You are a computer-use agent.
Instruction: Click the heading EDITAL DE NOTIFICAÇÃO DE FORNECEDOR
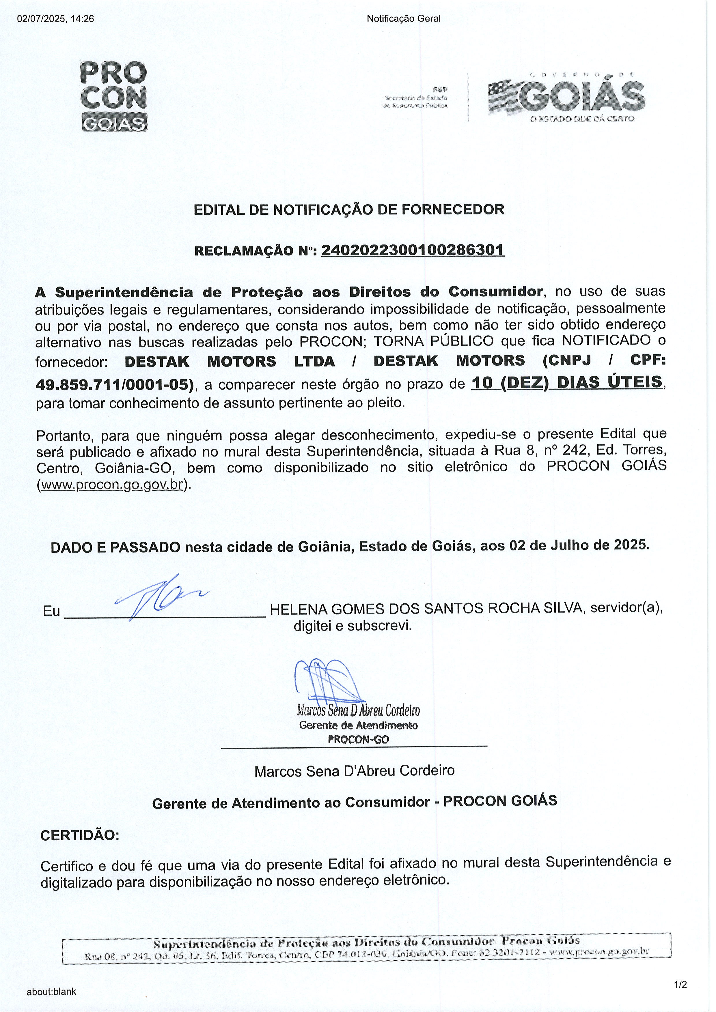349,209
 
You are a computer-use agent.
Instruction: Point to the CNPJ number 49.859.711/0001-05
114,385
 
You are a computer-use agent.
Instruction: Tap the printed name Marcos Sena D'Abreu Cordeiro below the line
355,771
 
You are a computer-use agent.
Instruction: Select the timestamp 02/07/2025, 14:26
55,18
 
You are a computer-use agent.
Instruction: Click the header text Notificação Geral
403,18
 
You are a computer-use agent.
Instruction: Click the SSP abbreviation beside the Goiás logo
440,89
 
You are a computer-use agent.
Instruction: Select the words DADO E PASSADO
115,547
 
